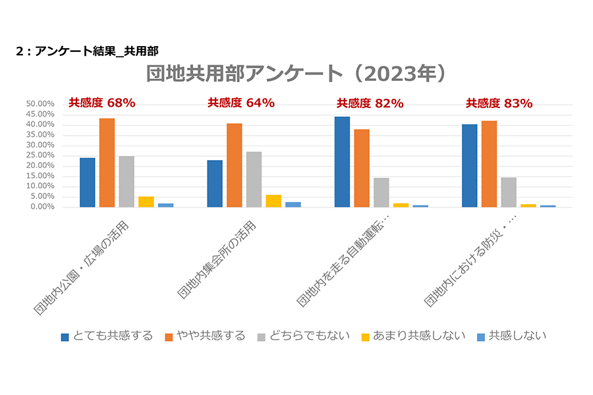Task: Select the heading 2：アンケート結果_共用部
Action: point(86,50)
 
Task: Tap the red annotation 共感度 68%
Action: point(102,103)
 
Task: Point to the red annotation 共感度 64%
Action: point(241,103)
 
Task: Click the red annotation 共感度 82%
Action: point(370,103)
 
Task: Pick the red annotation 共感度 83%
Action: point(499,103)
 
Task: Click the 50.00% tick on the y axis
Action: point(40,104)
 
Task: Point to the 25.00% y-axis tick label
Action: point(40,155)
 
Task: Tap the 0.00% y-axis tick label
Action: point(42,207)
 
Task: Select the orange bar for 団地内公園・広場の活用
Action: point(107,163)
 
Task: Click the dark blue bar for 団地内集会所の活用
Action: point(215,184)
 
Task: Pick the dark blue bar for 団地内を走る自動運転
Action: point(342,162)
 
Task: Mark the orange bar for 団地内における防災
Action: point(489,164)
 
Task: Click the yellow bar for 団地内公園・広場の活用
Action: point(146,202)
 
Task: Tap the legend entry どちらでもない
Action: point(302,336)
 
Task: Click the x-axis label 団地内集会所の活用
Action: point(217,260)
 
